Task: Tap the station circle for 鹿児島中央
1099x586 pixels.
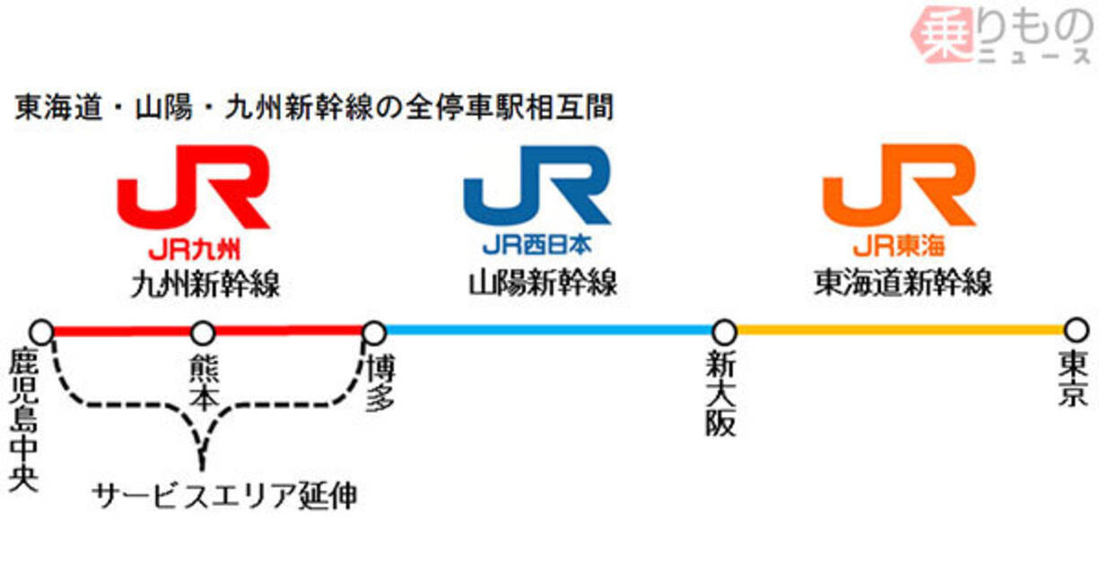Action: [40, 332]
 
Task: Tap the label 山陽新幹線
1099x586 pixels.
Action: [544, 285]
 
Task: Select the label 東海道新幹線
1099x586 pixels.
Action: [903, 285]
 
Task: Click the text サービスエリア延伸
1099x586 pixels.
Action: [225, 494]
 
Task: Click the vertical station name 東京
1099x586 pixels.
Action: [1073, 377]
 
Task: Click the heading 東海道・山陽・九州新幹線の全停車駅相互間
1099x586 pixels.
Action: [313, 109]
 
